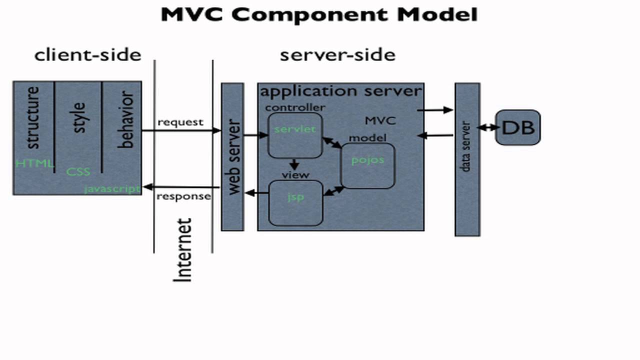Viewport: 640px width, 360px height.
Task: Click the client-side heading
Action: (x=88, y=54)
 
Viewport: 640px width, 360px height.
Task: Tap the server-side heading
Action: (x=337, y=54)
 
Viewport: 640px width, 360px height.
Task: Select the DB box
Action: (x=517, y=127)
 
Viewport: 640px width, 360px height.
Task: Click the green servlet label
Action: (x=295, y=129)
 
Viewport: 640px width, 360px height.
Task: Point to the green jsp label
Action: (x=295, y=196)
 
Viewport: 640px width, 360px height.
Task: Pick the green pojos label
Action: (x=367, y=160)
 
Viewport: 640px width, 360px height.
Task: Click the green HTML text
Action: (x=34, y=163)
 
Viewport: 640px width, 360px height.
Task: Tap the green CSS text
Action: (x=78, y=172)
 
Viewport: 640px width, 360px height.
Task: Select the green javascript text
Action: (x=112, y=189)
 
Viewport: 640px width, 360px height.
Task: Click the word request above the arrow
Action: (x=180, y=122)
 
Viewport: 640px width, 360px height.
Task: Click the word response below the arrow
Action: (x=183, y=196)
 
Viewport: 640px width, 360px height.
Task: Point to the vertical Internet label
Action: (x=183, y=250)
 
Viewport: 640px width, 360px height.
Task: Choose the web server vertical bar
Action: (x=232, y=156)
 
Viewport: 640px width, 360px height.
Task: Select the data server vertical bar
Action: (x=467, y=159)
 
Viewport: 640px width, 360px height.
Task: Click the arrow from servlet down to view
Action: (x=294, y=164)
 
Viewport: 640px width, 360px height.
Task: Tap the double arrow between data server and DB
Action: (x=487, y=128)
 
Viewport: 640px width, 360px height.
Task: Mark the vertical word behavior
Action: (x=126, y=120)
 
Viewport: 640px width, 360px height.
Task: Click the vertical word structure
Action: (x=32, y=118)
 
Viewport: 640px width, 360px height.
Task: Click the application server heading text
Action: (x=341, y=91)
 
